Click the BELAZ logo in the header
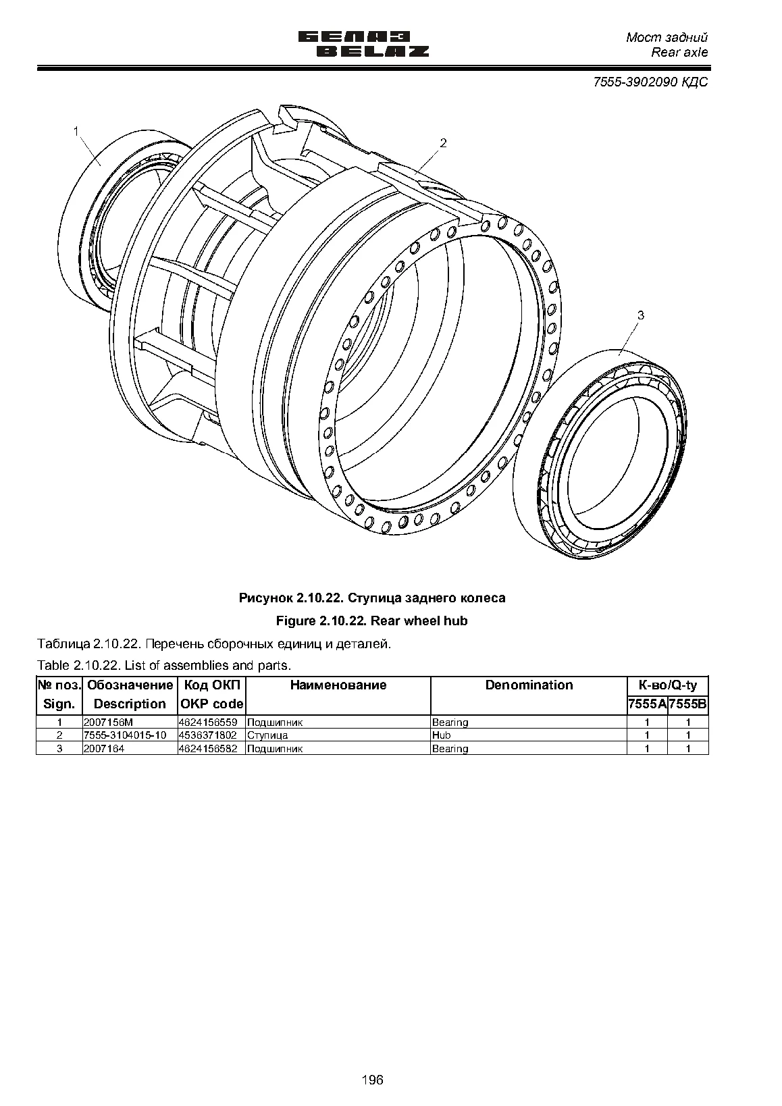click(x=364, y=44)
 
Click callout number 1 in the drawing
click(x=76, y=132)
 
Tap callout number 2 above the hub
click(x=443, y=143)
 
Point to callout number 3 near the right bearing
click(x=641, y=315)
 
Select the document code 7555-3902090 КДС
click(x=650, y=82)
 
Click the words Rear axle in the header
click(x=679, y=53)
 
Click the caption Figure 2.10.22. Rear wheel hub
click(x=371, y=621)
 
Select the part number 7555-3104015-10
click(x=125, y=735)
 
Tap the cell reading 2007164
click(x=104, y=749)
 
